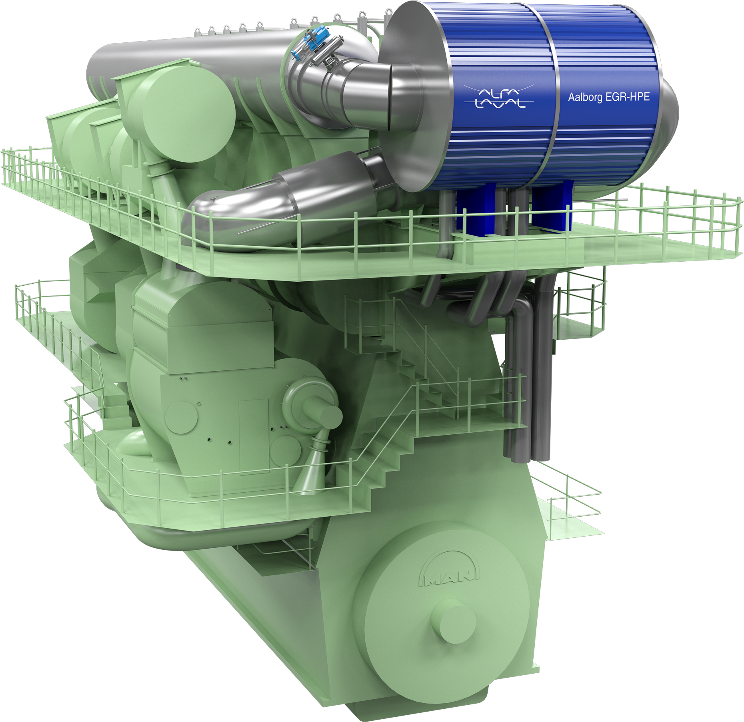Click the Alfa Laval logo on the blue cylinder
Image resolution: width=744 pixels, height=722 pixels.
[x=498, y=97]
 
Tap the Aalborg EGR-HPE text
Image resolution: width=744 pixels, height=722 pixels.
[x=609, y=97]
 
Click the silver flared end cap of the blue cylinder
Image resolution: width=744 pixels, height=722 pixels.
[x=416, y=96]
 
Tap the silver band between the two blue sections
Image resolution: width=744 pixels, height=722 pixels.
[x=549, y=96]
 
